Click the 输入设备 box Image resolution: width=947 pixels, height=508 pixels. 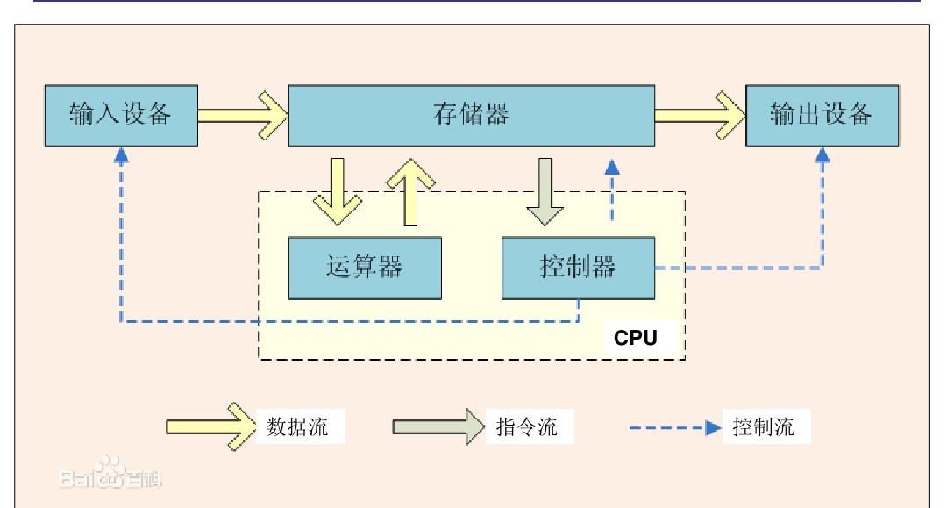tap(120, 116)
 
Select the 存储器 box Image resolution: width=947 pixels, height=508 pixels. tap(472, 116)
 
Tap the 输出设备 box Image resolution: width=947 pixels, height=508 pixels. tap(822, 116)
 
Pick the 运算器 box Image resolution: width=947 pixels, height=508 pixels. tap(365, 267)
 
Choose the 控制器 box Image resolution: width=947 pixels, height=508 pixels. tap(578, 267)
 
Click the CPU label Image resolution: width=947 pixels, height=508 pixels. tap(635, 339)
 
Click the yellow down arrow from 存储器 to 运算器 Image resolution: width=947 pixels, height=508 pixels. tap(338, 190)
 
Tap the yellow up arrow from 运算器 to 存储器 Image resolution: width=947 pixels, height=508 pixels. tap(409, 190)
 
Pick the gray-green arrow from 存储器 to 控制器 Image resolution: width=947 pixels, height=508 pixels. tap(545, 190)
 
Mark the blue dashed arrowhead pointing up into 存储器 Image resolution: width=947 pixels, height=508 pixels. tap(612, 167)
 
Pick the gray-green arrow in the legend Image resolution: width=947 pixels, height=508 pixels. tap(437, 426)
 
